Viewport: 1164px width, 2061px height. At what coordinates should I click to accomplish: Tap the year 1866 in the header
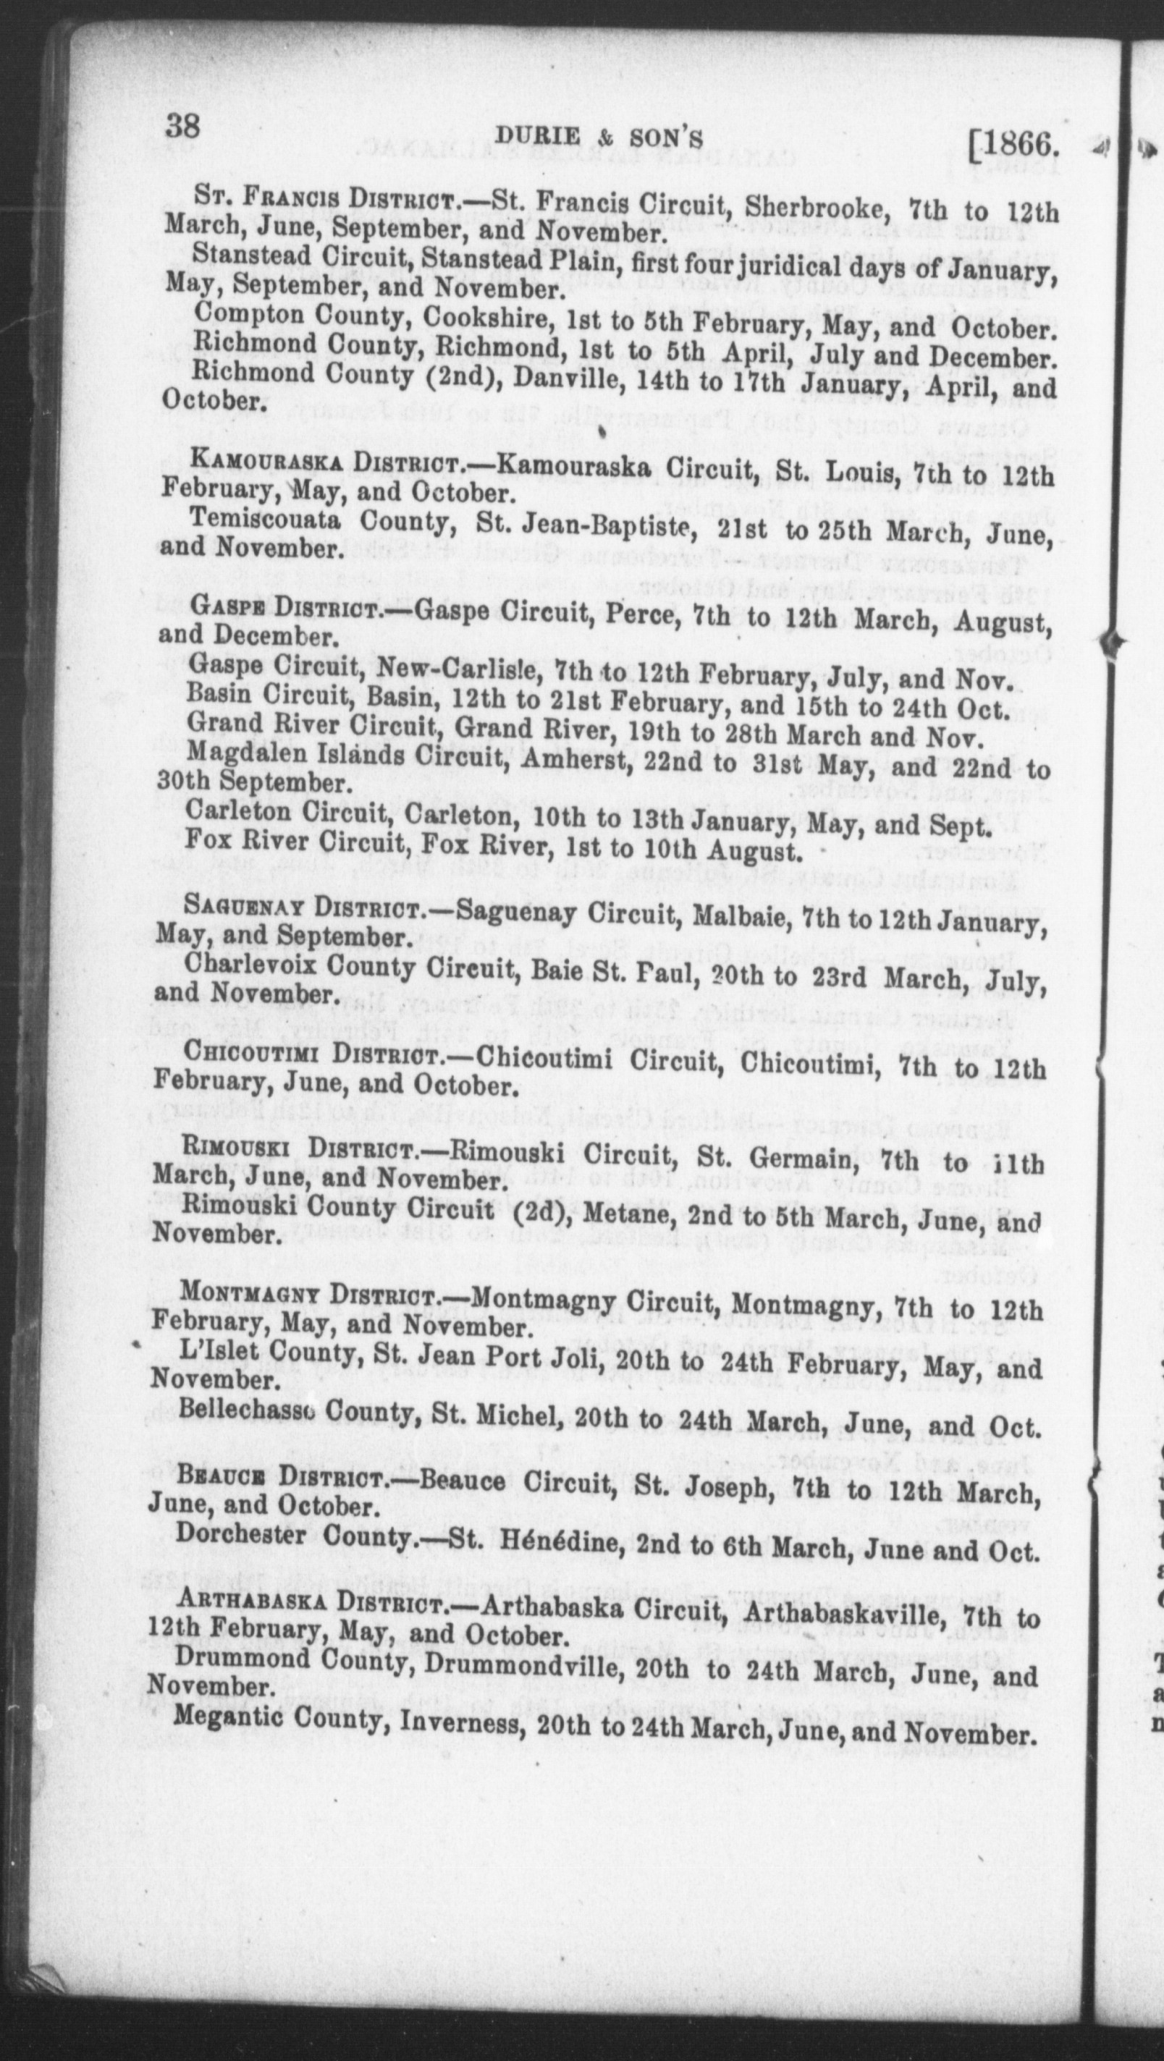click(x=1021, y=145)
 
